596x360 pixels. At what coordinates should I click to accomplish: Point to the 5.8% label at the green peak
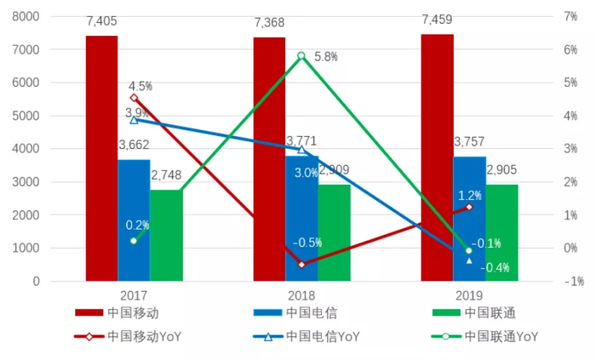coord(326,56)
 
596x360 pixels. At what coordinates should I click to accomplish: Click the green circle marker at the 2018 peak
coord(301,56)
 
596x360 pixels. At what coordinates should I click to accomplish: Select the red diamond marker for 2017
coord(134,98)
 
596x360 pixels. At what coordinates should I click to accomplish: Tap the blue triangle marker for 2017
coord(134,120)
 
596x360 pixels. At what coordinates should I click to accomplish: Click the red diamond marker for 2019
coord(468,207)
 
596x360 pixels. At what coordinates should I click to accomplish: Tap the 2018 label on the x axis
coord(301,295)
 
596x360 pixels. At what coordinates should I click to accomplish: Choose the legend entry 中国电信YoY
coord(302,336)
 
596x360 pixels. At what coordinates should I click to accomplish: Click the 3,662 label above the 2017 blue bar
coord(135,145)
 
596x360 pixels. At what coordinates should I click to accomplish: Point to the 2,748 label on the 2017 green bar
coord(167,174)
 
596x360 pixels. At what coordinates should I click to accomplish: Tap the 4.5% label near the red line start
coord(140,86)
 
